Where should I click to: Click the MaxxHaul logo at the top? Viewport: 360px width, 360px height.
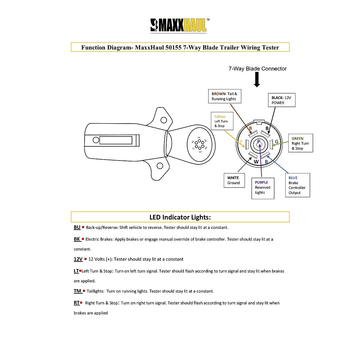tap(179, 25)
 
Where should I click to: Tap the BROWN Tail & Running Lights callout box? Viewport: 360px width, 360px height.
tap(224, 96)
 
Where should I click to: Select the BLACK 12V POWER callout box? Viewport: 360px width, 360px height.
tap(281, 100)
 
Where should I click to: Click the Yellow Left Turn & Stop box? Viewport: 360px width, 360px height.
tap(222, 121)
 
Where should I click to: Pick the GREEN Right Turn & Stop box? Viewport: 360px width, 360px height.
tap(300, 143)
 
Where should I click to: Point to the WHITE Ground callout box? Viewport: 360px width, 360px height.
tap(234, 180)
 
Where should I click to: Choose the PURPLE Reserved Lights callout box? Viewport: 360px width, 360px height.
tap(262, 187)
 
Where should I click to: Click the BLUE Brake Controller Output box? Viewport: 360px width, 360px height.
tap(297, 185)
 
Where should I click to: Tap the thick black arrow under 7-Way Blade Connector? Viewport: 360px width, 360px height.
tap(257, 80)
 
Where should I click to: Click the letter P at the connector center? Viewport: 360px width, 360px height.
tap(259, 142)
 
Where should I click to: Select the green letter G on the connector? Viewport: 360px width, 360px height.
tap(277, 142)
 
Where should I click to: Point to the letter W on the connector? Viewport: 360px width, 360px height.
tap(256, 162)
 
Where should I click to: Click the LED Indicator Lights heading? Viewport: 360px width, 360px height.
tap(180, 217)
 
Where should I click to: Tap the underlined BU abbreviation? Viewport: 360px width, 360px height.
tap(77, 227)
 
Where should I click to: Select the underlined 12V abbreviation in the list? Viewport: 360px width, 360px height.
tap(78, 259)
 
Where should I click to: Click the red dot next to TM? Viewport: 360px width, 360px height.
tap(84, 291)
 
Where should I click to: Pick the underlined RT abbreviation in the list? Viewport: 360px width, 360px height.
tap(76, 303)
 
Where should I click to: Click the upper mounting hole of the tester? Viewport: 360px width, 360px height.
tap(164, 120)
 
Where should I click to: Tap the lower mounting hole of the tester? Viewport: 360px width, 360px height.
tap(160, 166)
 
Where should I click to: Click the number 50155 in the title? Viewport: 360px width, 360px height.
tap(173, 47)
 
